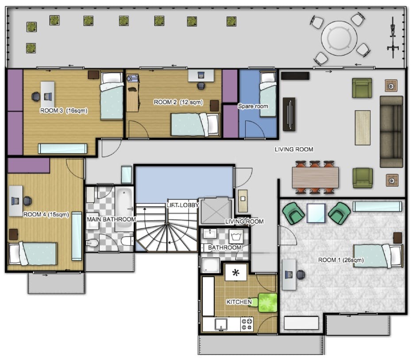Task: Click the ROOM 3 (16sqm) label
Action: pos(64,111)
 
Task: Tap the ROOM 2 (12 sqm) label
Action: pos(178,102)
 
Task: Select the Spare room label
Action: pos(253,107)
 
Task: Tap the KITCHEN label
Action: pos(239,302)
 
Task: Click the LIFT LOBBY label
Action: pos(182,205)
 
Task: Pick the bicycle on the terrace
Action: pos(393,37)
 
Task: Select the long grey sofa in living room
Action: pos(391,131)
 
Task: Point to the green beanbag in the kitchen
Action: pos(267,303)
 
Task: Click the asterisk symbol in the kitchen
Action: pos(236,272)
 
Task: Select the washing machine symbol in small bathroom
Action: pos(235,235)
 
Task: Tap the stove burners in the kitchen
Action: pos(247,324)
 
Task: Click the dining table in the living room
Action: pos(315,177)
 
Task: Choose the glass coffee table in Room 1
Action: pos(316,213)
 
